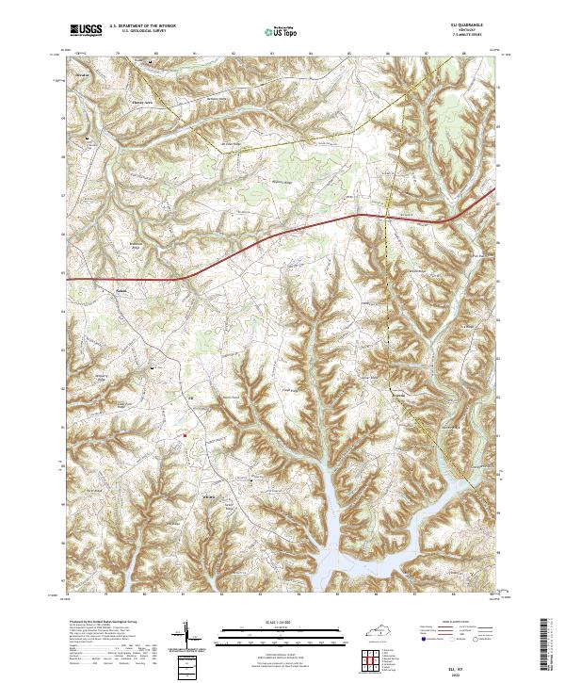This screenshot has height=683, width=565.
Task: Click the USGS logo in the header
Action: click(x=87, y=30)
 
